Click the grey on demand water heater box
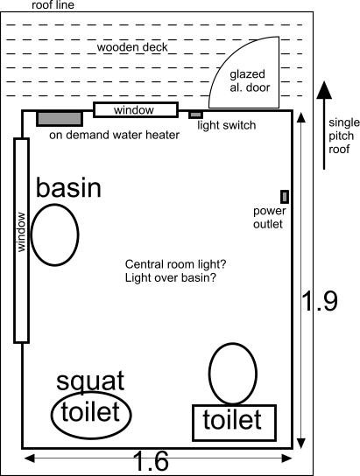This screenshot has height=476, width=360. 60,119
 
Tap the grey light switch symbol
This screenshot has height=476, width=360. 196,115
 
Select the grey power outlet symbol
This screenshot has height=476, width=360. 285,197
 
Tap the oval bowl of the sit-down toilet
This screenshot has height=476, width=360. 209,374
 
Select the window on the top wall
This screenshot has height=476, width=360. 136,110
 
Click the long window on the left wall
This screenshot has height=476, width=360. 21,241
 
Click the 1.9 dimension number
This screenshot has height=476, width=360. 321,301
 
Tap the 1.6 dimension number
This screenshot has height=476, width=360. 151,461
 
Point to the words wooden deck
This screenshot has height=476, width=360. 132,47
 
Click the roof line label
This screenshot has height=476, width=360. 53,5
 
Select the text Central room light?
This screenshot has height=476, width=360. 175,264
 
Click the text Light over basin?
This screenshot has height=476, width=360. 171,277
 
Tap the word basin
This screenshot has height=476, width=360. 68,187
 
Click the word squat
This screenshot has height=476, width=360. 90,381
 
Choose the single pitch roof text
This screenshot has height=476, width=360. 344,136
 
